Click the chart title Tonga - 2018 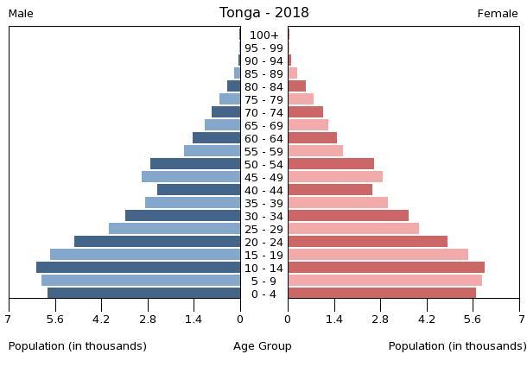point(263,13)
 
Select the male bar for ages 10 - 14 point(138,268)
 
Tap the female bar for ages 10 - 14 point(386,268)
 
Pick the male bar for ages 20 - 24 point(157,242)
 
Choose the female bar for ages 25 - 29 point(353,229)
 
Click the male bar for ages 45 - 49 point(191,177)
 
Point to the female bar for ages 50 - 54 point(331,164)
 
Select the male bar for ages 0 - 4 point(144,294)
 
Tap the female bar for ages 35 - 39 point(338,203)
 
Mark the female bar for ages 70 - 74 point(306,112)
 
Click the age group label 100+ point(263,35)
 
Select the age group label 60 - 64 point(263,139)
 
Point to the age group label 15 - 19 point(263,256)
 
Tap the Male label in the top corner point(21,14)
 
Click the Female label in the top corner point(498,14)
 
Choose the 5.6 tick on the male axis point(54,319)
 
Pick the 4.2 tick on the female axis point(427,319)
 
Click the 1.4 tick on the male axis point(194,319)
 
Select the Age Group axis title point(263,346)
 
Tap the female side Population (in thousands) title point(457,346)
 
